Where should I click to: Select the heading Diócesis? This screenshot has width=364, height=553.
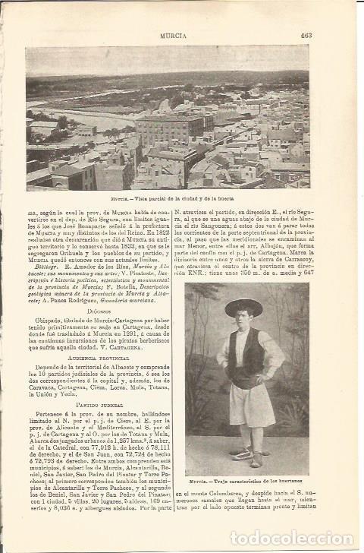coord(99,310)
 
